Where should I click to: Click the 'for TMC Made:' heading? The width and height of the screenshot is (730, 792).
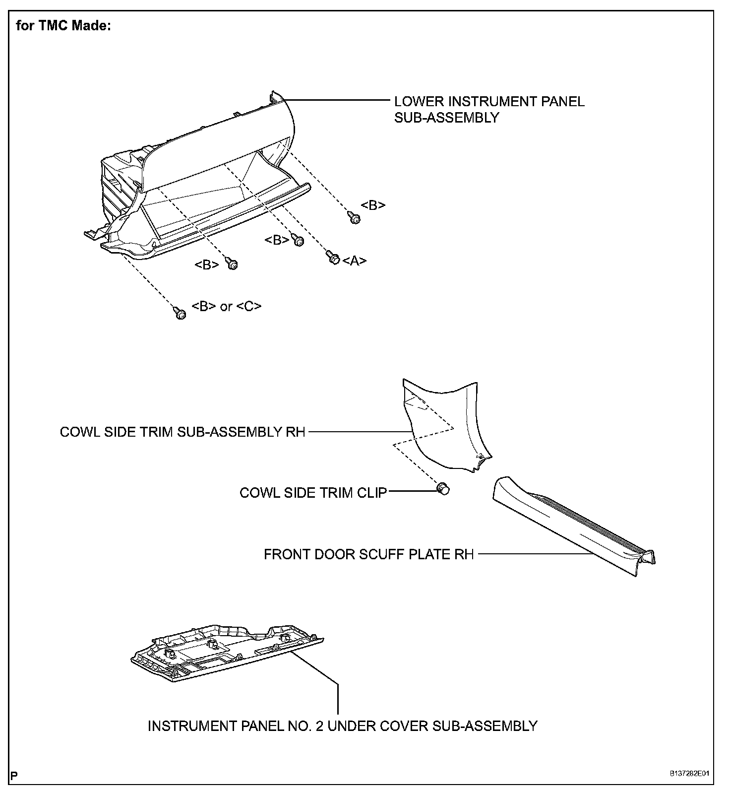[63, 26]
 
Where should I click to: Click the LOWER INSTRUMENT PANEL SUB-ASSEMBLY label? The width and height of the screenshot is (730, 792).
[489, 109]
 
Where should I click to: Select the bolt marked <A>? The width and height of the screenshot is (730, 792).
[333, 257]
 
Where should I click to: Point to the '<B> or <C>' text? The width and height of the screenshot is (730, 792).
[226, 306]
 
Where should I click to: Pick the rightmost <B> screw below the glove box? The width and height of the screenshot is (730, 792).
[354, 217]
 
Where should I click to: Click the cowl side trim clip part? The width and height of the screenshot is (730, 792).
[443, 489]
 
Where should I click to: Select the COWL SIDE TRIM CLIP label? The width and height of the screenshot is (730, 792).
[313, 493]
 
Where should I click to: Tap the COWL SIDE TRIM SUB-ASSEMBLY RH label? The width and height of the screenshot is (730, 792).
[182, 432]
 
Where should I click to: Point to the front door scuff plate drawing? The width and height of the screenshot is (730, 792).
[570, 526]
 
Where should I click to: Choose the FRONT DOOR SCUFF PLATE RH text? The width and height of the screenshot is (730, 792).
[368, 554]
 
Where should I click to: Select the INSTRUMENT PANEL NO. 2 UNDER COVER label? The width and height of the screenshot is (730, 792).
[342, 726]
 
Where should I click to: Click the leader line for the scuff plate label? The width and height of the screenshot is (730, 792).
[536, 554]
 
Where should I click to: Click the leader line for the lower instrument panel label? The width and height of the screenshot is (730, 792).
[337, 101]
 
